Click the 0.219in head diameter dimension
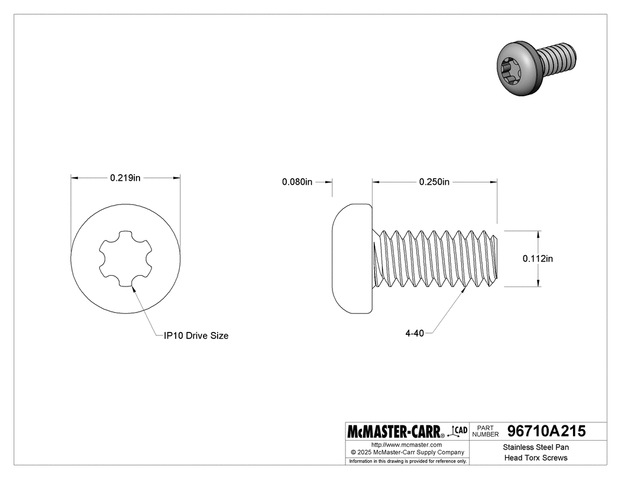124,177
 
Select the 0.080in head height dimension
297,182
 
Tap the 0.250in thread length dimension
434,182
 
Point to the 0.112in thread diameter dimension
538,258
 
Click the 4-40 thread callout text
415,334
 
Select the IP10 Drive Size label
196,335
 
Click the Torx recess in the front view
125,258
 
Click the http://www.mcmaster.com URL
406,444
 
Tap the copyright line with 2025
406,452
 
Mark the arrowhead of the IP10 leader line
133,289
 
